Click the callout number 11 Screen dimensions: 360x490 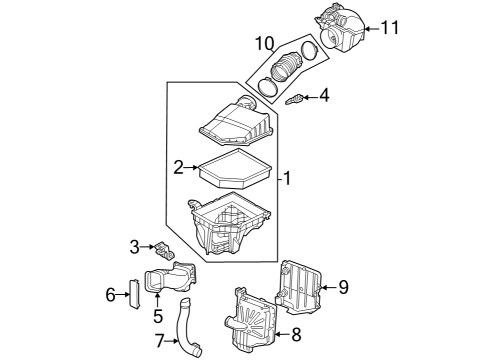pyautogui.click(x=389, y=27)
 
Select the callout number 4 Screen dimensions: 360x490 pyautogui.click(x=323, y=96)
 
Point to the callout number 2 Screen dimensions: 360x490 pyautogui.click(x=178, y=167)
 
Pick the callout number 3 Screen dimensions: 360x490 pyautogui.click(x=133, y=247)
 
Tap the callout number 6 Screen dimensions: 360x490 pyautogui.click(x=112, y=294)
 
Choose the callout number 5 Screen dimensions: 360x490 pyautogui.click(x=156, y=317)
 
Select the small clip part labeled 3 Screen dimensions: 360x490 pyautogui.click(x=164, y=249)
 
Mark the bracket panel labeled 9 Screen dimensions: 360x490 pyautogui.click(x=302, y=284)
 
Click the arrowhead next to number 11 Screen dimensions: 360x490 pyautogui.click(x=367, y=27)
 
